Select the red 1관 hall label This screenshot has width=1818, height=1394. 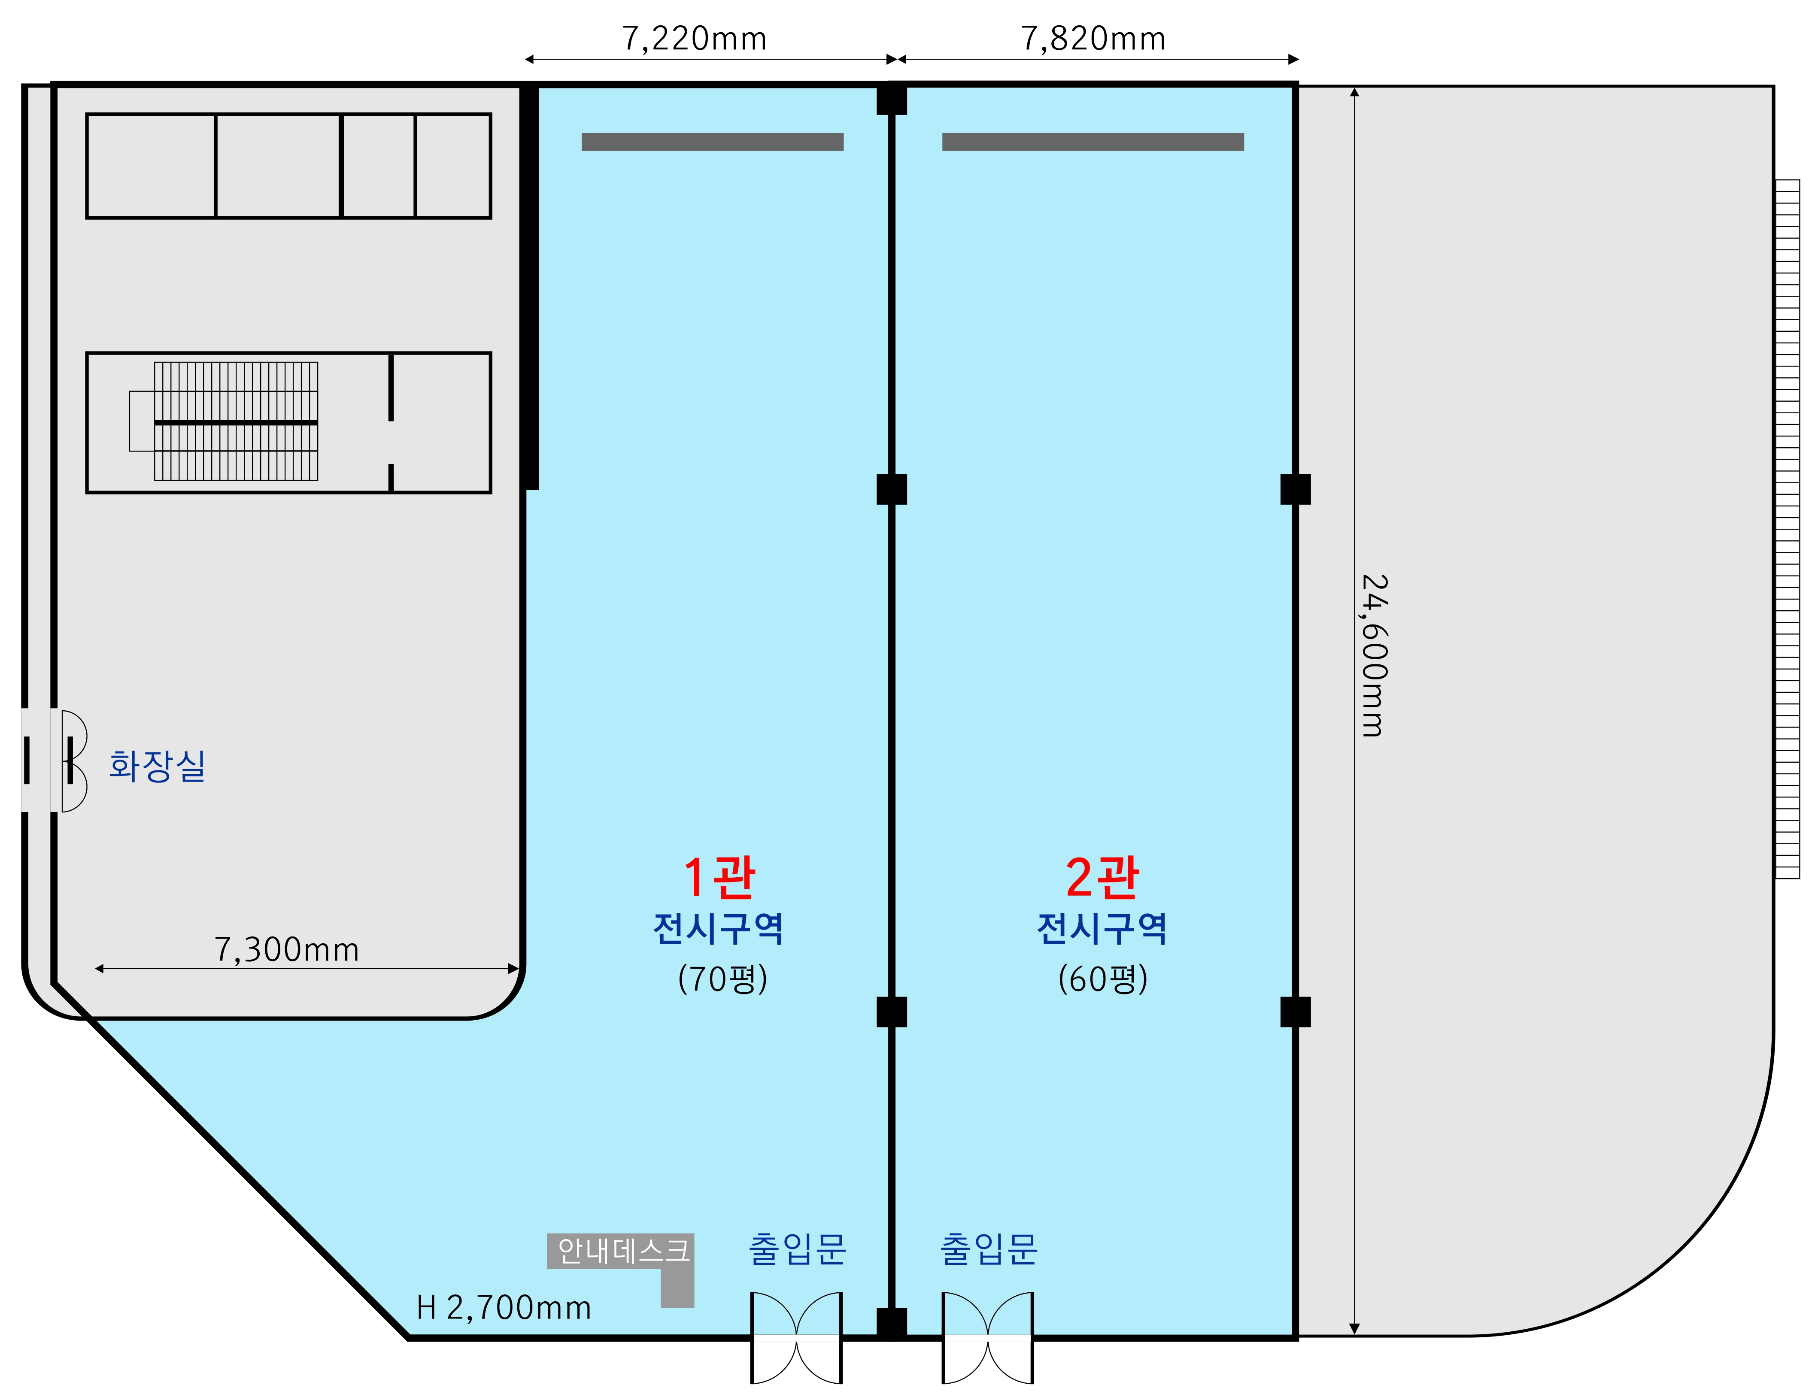tap(719, 878)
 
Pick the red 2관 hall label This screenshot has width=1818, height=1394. tap(1102, 878)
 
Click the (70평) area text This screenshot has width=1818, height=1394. tap(722, 979)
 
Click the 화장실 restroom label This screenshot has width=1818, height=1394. tap(158, 765)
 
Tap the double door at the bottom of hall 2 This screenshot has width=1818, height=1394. tap(987, 1338)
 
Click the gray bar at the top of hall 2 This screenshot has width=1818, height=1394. tap(1093, 142)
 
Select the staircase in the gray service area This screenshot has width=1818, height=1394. tap(236, 421)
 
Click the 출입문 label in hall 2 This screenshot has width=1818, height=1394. tap(988, 1249)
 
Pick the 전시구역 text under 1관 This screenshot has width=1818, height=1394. tap(719, 928)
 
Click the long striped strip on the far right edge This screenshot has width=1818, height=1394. tap(1787, 529)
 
